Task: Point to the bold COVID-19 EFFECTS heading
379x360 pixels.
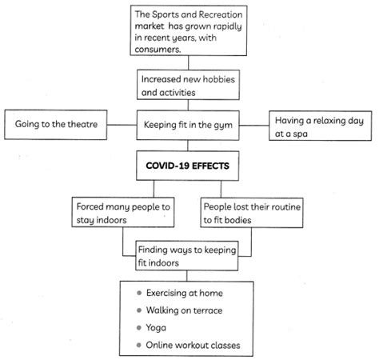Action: tap(189, 167)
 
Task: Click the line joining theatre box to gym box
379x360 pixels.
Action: tap(122, 125)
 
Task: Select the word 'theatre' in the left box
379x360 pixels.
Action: tap(80, 125)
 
